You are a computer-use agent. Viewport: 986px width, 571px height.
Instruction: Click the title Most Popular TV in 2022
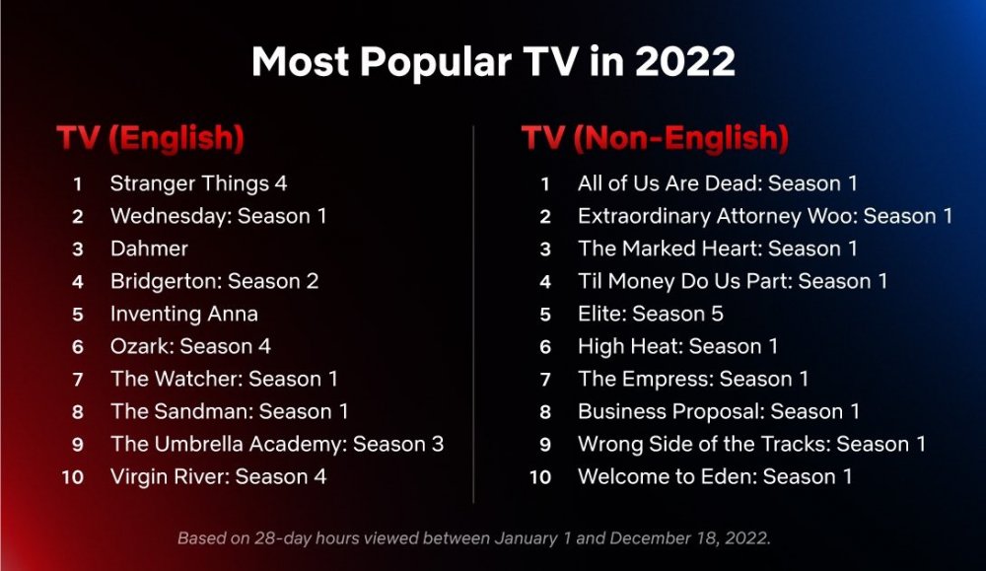[493, 61]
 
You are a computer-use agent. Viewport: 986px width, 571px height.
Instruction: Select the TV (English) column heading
[150, 138]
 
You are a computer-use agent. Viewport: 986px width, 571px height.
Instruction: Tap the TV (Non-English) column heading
[655, 138]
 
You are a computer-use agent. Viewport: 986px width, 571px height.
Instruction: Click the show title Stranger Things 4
[199, 183]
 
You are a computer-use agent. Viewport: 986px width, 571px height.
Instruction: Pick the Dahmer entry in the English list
[149, 249]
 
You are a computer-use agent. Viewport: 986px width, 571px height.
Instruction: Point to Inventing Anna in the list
[184, 314]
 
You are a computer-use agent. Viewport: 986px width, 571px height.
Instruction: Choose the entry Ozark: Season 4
[190, 346]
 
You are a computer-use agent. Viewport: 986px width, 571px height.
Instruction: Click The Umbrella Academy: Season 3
[277, 444]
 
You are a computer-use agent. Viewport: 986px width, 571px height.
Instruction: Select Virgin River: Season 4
[218, 476]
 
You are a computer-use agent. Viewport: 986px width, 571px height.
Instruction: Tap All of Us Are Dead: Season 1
[718, 183]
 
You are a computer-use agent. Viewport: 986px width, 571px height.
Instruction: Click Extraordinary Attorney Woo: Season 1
[765, 216]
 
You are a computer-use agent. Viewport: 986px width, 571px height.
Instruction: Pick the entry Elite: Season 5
[651, 314]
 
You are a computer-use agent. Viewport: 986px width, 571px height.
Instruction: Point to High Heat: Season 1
[678, 346]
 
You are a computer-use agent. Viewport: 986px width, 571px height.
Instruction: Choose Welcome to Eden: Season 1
[715, 476]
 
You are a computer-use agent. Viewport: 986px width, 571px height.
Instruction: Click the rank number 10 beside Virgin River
[72, 477]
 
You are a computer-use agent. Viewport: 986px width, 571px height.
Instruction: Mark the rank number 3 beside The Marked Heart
[545, 250]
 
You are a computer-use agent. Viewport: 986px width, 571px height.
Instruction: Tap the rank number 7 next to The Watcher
[78, 380]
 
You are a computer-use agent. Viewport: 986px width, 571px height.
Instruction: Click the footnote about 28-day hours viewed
[474, 538]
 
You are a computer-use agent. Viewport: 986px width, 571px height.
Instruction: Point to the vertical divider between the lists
[473, 315]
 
